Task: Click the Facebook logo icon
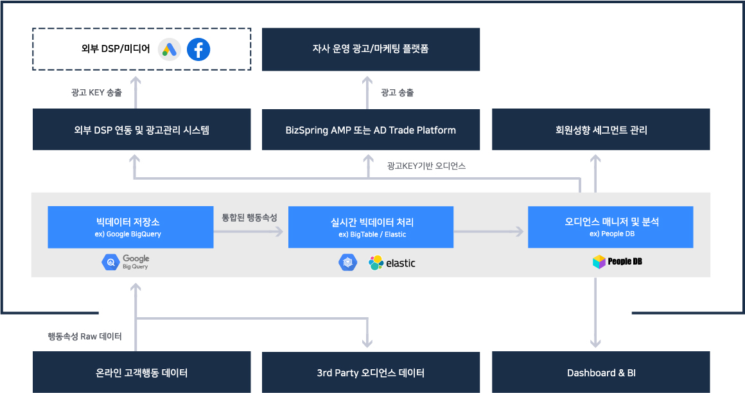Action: (x=198, y=49)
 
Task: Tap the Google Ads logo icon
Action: (x=170, y=49)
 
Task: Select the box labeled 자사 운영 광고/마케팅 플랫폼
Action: (x=371, y=49)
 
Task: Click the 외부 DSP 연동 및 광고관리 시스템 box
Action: (x=141, y=130)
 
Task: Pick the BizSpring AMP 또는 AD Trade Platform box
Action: (x=371, y=130)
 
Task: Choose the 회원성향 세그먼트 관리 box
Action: (x=600, y=130)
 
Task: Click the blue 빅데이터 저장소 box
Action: (x=130, y=227)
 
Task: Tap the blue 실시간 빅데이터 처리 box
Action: (x=371, y=227)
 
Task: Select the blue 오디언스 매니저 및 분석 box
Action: (x=610, y=227)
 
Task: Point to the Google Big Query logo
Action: (x=126, y=262)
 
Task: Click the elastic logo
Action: (x=392, y=263)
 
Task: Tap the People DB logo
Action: (x=617, y=262)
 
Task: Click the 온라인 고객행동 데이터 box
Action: (x=141, y=372)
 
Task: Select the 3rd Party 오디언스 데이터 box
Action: (x=371, y=372)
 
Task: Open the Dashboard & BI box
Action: (x=600, y=372)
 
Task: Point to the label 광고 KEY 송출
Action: (x=96, y=92)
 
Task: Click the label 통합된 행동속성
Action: (x=249, y=218)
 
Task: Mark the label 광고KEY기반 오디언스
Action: (x=426, y=166)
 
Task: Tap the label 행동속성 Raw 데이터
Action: (x=85, y=336)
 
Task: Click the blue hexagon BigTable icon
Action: (x=347, y=262)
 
